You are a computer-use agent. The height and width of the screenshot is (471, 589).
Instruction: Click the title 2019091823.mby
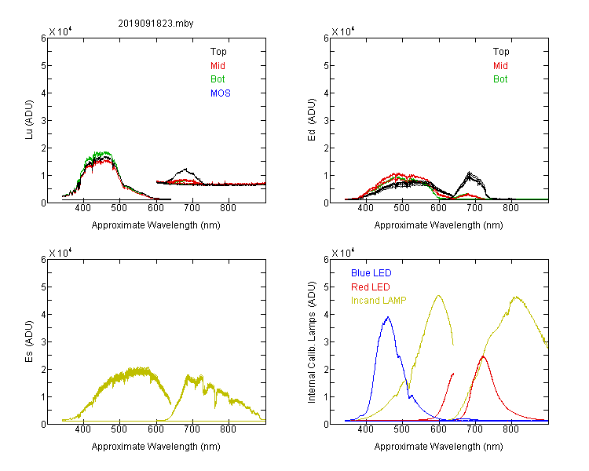(155, 24)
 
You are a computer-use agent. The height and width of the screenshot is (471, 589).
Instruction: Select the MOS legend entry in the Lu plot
(221, 93)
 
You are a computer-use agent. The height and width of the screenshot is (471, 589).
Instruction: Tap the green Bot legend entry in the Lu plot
(218, 79)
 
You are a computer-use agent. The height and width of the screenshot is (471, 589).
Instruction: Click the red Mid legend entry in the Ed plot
(500, 66)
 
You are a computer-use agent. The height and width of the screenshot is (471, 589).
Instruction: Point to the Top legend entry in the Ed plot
(501, 52)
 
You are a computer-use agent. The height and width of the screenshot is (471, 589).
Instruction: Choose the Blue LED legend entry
(371, 273)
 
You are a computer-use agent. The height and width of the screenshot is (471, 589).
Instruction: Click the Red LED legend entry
(371, 287)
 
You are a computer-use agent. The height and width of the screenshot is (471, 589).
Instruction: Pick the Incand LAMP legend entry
(379, 301)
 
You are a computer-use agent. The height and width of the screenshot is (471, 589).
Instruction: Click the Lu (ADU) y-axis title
(29, 120)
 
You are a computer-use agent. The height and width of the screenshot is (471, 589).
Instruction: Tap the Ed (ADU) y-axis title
(312, 120)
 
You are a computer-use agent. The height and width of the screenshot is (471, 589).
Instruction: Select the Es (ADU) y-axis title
(29, 341)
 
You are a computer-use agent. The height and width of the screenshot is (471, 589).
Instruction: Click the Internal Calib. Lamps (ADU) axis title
(312, 342)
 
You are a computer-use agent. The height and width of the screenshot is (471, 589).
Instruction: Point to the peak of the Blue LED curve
(388, 317)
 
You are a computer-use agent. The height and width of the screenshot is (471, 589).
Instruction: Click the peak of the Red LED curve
(483, 356)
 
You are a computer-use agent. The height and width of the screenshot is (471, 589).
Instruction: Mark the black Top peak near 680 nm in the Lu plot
(185, 169)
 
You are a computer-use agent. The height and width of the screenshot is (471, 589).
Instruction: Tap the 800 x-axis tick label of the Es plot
(228, 429)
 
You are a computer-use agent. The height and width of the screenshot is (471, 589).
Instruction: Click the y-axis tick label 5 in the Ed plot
(326, 66)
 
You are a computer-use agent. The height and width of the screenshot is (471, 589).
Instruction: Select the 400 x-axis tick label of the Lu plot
(82, 208)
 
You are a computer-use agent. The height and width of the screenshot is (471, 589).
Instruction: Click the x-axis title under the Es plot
(155, 447)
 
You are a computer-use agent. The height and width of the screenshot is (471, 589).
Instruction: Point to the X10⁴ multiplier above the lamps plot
(342, 253)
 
